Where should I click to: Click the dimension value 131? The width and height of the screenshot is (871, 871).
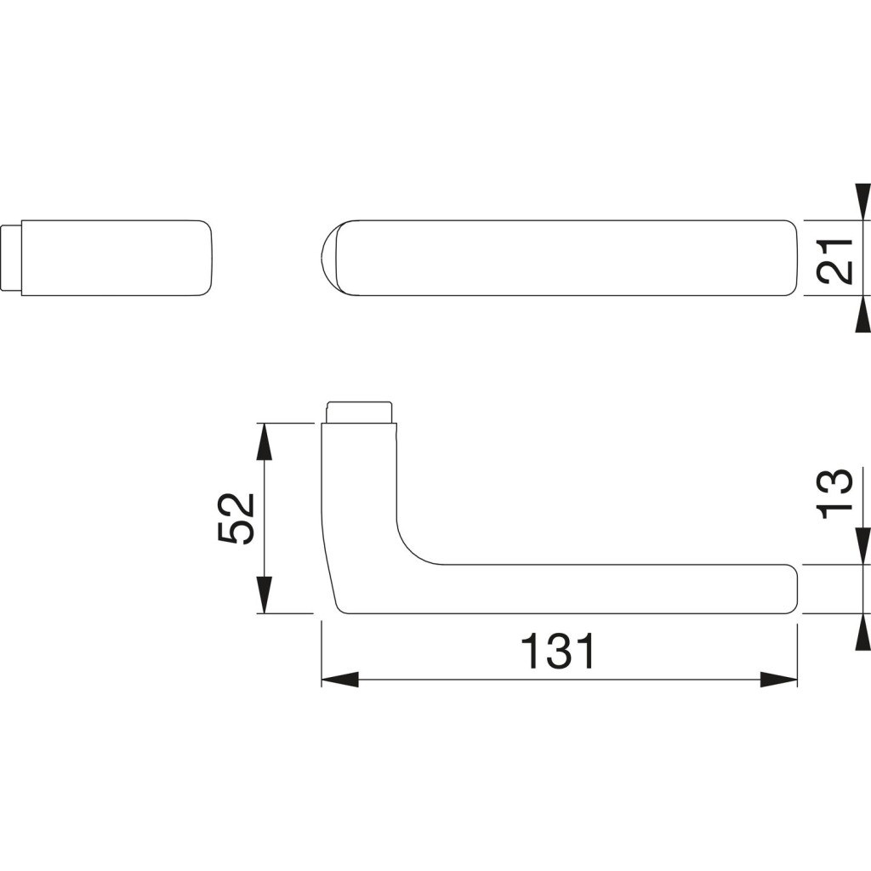coord(558,651)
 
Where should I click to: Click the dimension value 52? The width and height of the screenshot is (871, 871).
coord(235,518)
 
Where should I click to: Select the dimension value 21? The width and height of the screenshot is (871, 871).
coord(834,261)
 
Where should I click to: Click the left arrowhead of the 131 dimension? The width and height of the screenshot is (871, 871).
coord(340,680)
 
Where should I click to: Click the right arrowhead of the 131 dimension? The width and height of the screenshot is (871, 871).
coord(779,680)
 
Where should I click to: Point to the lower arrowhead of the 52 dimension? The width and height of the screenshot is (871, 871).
coord(265,595)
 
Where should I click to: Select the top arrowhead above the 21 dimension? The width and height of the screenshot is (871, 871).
coord(862,202)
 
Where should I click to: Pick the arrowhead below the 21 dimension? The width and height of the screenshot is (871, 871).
coord(862,315)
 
